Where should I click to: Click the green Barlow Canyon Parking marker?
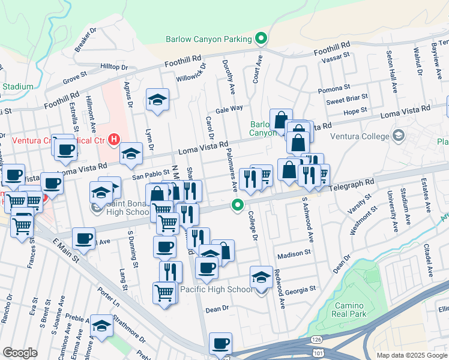(261, 40)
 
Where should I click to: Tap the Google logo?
(20, 353)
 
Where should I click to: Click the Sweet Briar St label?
(346, 100)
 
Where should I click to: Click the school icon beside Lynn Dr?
(157, 100)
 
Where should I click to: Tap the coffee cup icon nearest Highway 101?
(220, 344)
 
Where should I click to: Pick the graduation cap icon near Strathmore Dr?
(101, 326)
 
